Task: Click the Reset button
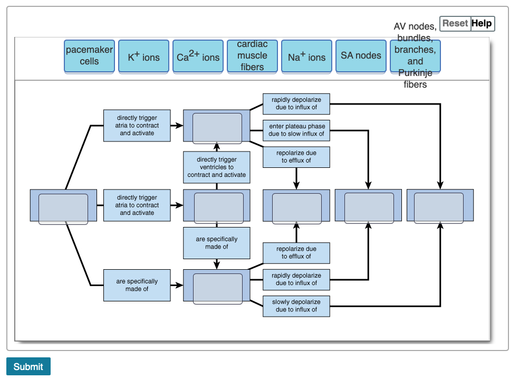point(455,23)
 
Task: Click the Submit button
point(28,366)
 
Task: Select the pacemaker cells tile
point(89,56)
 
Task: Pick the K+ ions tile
point(143,56)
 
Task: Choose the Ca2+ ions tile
point(198,56)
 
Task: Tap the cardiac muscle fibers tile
point(252,56)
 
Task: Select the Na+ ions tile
point(306,56)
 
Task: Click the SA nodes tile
point(361,55)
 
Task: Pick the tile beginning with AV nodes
point(415,55)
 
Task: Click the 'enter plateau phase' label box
point(296,130)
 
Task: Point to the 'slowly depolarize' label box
point(296,306)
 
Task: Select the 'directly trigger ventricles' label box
point(217,167)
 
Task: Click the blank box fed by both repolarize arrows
point(296,205)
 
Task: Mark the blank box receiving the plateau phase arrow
point(369,205)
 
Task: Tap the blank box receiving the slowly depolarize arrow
point(440,205)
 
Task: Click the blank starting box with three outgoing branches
point(63,205)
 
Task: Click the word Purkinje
point(415,73)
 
